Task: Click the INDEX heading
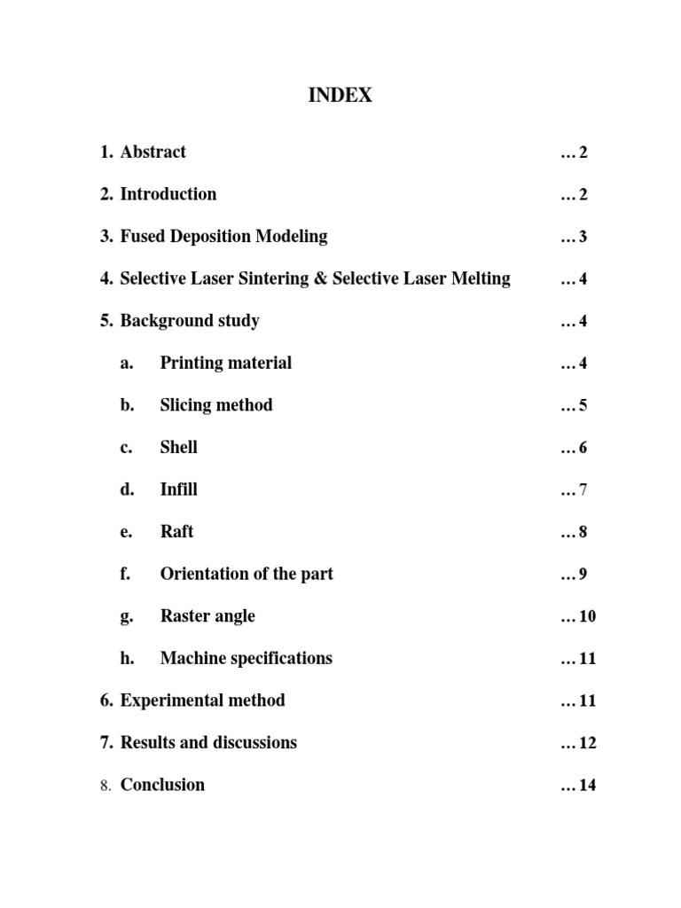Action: point(340,96)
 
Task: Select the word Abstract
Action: point(153,152)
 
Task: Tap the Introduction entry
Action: point(168,194)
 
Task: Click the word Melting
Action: point(480,278)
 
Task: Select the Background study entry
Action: point(189,321)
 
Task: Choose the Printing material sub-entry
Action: point(225,363)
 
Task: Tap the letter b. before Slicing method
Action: point(127,405)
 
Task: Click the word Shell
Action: point(178,447)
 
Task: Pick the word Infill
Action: point(178,489)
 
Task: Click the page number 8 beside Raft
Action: point(583,532)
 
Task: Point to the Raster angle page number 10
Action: point(587,616)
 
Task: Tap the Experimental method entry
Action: point(202,701)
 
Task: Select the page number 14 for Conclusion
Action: point(587,785)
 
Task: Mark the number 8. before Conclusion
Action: point(106,785)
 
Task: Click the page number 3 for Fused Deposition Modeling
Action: point(583,237)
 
